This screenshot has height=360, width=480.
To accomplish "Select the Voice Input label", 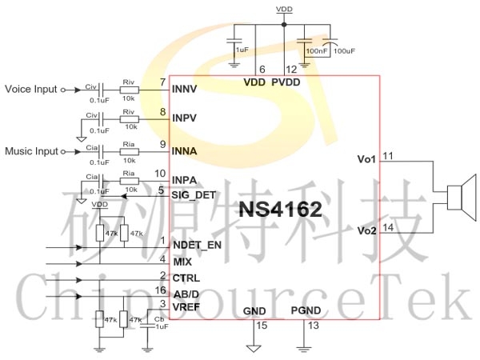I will (31, 89).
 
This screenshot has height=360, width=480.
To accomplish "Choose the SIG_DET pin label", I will (193, 194).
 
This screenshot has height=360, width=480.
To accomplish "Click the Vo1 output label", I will (366, 158).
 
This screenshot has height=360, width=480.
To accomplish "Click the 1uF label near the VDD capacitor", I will (242, 50).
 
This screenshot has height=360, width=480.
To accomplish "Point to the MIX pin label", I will (182, 262).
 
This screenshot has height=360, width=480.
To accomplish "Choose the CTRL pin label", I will (186, 278).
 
